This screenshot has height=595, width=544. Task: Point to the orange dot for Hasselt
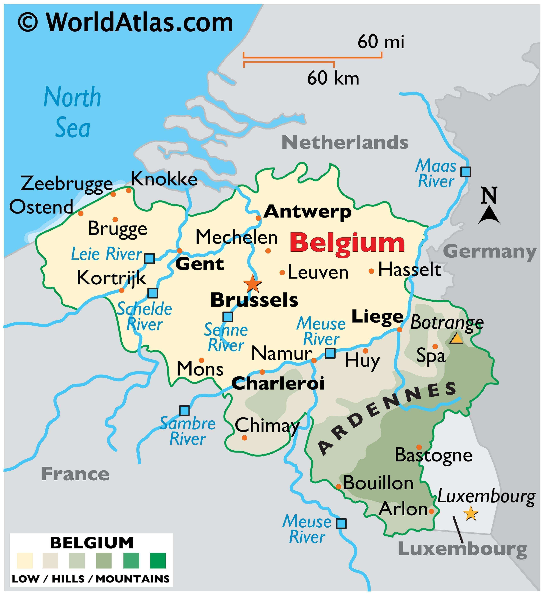point(371,271)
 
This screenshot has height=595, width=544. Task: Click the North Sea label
point(72,112)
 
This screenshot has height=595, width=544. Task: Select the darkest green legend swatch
point(158,561)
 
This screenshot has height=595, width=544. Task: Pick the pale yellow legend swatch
point(25,561)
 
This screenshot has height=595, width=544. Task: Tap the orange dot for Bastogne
point(419,447)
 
